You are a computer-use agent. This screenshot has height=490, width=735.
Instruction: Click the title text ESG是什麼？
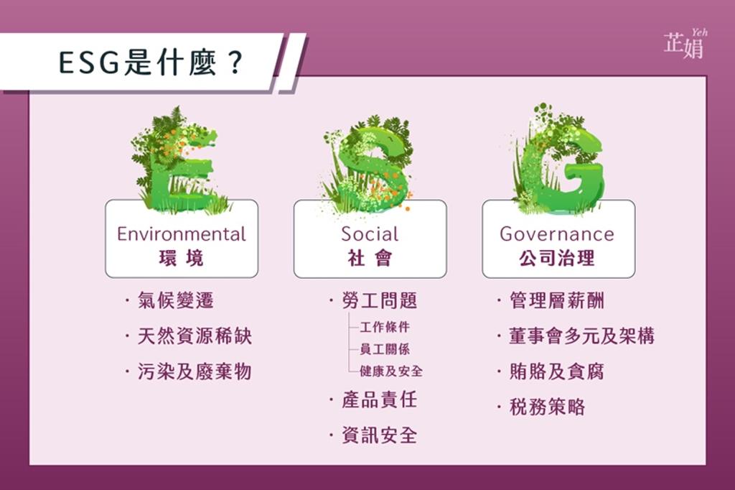151,63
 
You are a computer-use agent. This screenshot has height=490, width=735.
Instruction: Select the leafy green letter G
558,159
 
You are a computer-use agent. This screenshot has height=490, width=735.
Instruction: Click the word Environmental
182,234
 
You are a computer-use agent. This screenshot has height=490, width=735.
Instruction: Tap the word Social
370,234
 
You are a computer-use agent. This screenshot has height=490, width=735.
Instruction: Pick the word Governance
557,234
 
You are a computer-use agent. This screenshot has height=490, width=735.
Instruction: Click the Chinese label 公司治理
557,258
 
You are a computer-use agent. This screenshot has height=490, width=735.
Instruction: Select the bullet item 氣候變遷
176,300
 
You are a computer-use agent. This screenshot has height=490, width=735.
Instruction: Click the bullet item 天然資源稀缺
195,336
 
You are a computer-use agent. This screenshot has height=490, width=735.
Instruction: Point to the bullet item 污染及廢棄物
195,371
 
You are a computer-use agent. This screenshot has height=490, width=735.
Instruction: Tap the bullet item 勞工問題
380,300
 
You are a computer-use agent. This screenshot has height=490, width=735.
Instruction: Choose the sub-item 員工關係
385,348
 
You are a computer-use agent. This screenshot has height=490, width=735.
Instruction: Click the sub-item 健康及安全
391,371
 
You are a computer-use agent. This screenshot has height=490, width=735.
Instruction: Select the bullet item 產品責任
380,399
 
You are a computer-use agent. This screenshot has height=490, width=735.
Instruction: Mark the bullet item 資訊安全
380,435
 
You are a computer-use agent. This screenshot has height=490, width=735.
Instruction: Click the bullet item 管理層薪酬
557,300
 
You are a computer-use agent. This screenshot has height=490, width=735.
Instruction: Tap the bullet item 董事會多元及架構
581,336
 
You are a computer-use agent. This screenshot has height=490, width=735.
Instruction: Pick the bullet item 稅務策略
548,407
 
